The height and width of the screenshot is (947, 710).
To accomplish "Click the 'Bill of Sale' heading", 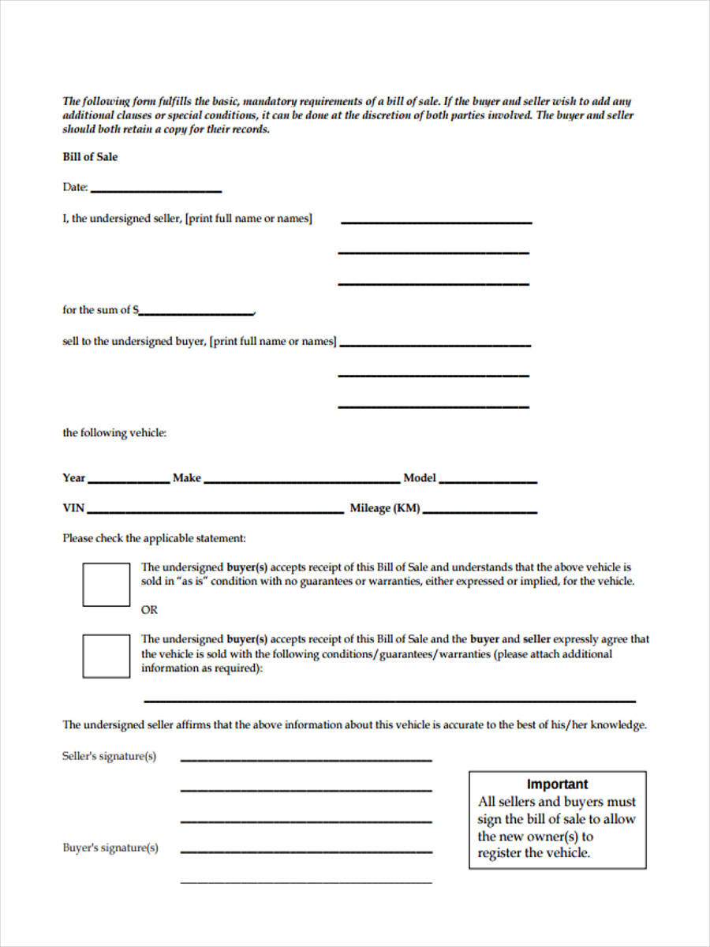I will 90,157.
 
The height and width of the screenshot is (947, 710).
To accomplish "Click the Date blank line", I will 155,189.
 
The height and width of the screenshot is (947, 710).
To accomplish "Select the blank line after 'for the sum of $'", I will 196,313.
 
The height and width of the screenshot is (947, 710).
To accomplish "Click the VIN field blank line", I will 215,511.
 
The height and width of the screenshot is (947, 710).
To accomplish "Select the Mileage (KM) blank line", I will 480,511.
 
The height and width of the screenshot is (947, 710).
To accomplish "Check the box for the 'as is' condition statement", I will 106,585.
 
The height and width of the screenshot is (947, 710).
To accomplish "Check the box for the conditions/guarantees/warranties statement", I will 106,656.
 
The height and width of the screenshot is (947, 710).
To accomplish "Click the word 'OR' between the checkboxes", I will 149,610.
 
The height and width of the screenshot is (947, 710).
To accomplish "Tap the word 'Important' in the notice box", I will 557,784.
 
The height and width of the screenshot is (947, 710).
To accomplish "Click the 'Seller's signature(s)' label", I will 109,756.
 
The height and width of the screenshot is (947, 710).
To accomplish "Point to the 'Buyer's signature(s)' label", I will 110,848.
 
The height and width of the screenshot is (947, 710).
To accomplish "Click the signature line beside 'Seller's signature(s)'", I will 306,759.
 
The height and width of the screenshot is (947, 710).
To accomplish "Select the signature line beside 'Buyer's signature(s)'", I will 306,851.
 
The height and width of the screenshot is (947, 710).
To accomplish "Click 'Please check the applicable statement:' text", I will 155,538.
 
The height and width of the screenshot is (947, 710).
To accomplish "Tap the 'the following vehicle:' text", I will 114,433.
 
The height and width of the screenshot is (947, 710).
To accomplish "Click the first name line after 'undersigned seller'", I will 436,223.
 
